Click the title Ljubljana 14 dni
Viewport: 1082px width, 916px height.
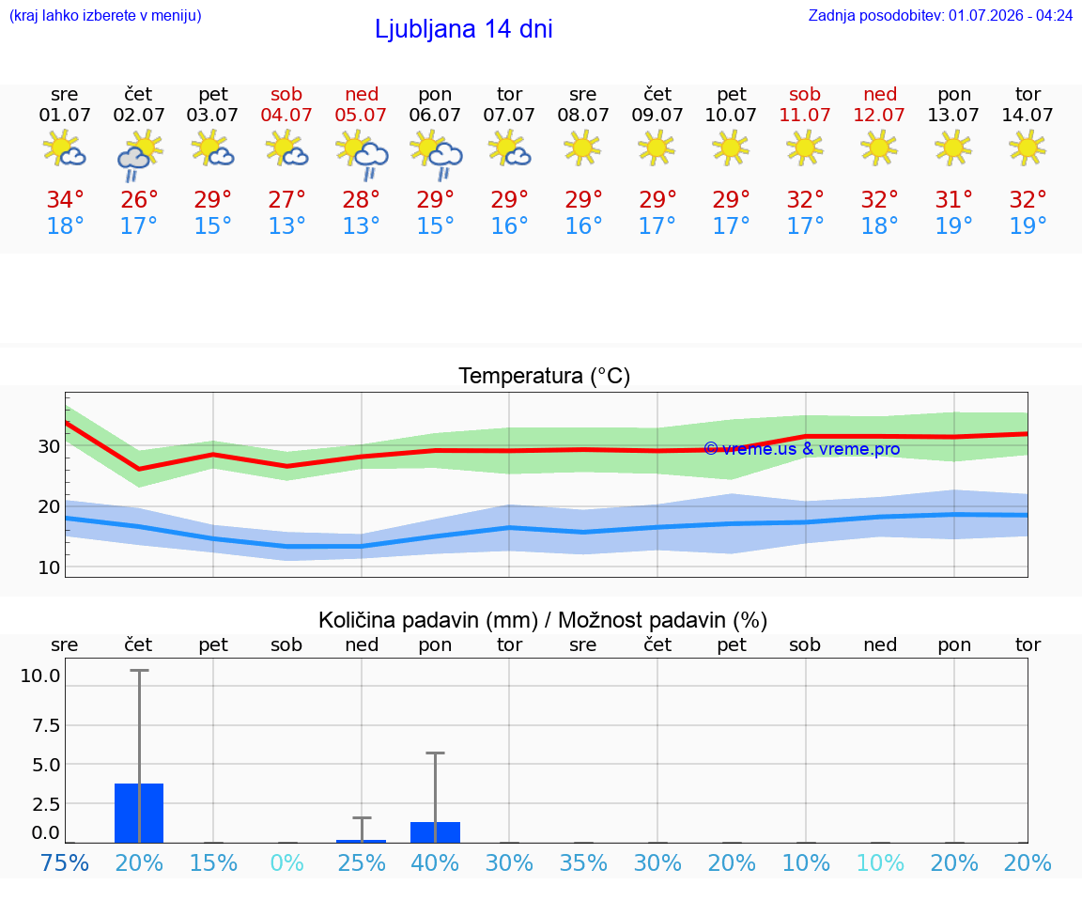click(x=463, y=29)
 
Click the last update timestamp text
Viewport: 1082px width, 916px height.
click(x=940, y=15)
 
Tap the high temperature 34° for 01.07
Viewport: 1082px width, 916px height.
click(x=65, y=199)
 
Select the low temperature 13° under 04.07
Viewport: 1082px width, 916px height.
click(x=286, y=225)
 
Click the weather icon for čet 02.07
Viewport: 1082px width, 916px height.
click(x=139, y=156)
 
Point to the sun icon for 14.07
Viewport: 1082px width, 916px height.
click(x=1027, y=147)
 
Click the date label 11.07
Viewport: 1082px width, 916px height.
click(x=805, y=115)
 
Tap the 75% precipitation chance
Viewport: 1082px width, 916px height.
click(x=64, y=862)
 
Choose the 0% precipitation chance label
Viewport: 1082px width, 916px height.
click(x=287, y=862)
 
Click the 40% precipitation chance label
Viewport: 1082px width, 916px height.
click(x=435, y=862)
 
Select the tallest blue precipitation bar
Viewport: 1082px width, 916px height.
click(x=139, y=814)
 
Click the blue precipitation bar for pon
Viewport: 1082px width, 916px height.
click(x=436, y=832)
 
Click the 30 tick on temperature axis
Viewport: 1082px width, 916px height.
click(x=49, y=446)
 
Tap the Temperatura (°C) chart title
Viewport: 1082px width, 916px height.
click(x=545, y=376)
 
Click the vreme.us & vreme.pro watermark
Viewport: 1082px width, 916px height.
click(x=802, y=449)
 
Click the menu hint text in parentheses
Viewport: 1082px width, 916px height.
click(x=105, y=15)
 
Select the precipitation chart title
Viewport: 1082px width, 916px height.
click(x=543, y=620)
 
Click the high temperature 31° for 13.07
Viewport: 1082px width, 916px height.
click(x=953, y=199)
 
